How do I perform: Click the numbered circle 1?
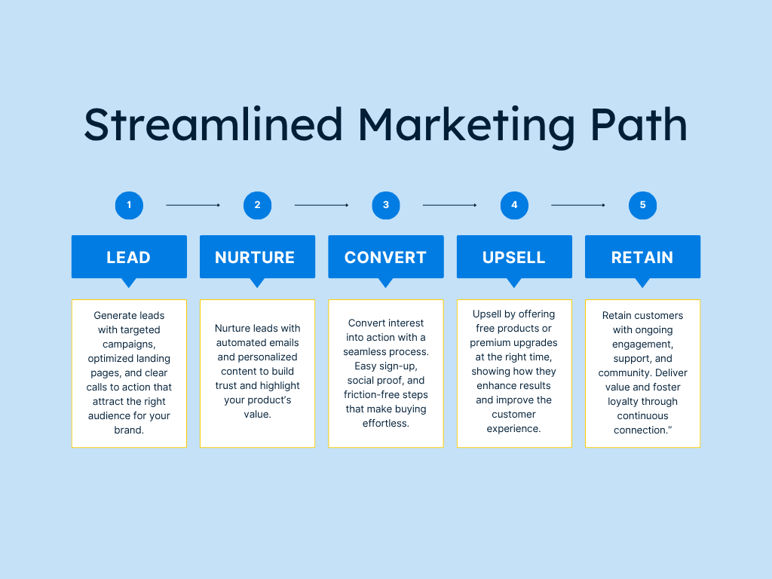pyautogui.click(x=129, y=205)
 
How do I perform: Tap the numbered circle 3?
pyautogui.click(x=386, y=205)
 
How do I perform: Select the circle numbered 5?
pyautogui.click(x=642, y=205)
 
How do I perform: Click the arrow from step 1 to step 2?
pyautogui.click(x=193, y=205)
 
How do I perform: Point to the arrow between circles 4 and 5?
pyautogui.click(x=578, y=205)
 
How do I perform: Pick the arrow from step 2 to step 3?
pyautogui.click(x=321, y=205)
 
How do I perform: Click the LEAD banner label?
pyautogui.click(x=128, y=258)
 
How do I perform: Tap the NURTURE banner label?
pyautogui.click(x=255, y=258)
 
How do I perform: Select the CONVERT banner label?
pyautogui.click(x=385, y=258)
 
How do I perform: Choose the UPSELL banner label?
pyautogui.click(x=514, y=258)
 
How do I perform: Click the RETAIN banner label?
pyautogui.click(x=642, y=258)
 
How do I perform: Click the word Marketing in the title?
pyautogui.click(x=466, y=126)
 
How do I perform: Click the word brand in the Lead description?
pyautogui.click(x=127, y=430)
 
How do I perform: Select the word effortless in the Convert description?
pyautogui.click(x=384, y=423)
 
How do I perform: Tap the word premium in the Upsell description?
pyautogui.click(x=489, y=343)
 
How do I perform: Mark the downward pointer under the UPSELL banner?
pyautogui.click(x=514, y=283)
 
